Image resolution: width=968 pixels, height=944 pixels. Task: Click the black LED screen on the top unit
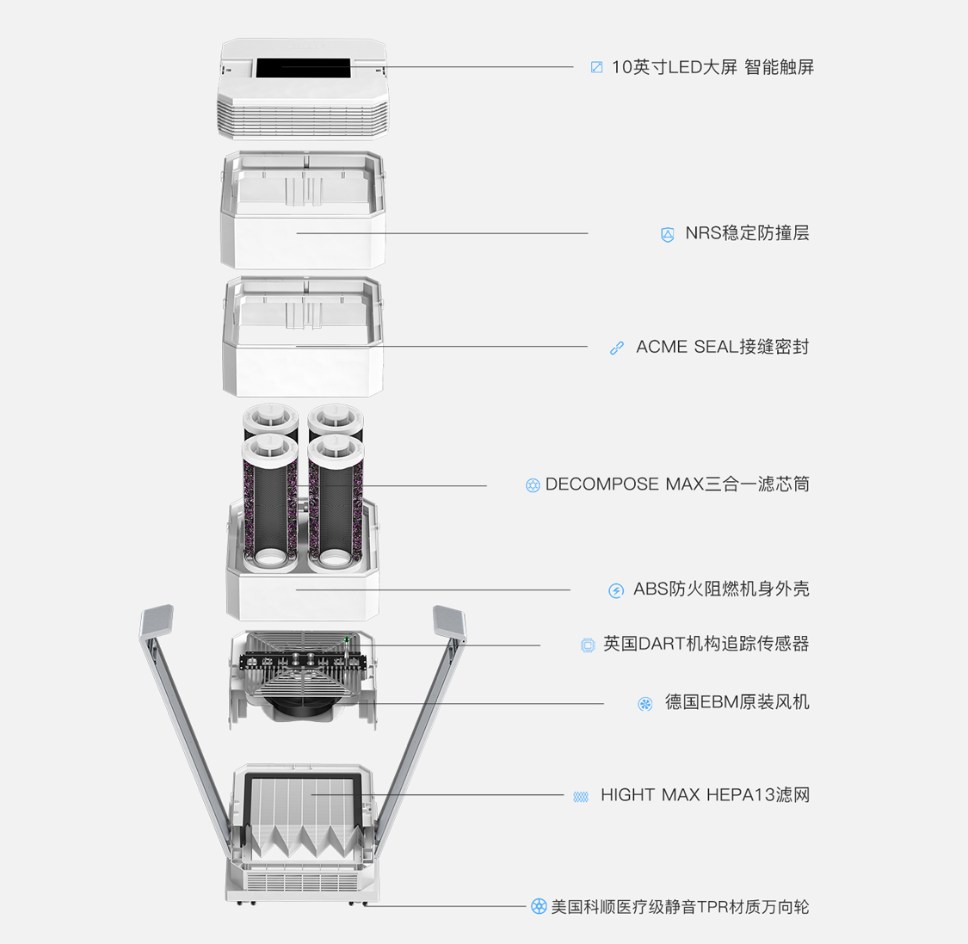[x=303, y=68]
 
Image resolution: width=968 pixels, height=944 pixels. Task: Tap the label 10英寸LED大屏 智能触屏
[x=712, y=67]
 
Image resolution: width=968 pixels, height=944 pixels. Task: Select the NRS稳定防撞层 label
[x=747, y=232]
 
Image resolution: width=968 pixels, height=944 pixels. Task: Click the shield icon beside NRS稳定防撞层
[x=668, y=235]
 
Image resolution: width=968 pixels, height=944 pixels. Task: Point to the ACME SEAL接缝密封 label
[x=722, y=346]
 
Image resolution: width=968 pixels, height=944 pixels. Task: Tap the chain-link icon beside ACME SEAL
[x=617, y=349]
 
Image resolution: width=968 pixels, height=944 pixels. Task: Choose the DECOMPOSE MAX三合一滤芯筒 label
[x=677, y=484]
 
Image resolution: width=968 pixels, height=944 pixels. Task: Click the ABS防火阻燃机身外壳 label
[x=721, y=589]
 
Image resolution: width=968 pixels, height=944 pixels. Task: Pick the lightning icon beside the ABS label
[x=616, y=591]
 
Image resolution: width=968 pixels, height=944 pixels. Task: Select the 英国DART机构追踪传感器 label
[x=706, y=644]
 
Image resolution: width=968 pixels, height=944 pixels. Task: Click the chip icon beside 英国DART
[x=588, y=645]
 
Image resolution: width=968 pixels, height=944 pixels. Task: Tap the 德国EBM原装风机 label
[x=737, y=702]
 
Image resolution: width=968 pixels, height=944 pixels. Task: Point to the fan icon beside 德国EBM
[x=645, y=704]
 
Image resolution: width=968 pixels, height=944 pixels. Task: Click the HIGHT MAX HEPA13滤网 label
[x=705, y=794]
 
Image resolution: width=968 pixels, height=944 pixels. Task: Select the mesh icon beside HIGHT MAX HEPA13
[x=581, y=797]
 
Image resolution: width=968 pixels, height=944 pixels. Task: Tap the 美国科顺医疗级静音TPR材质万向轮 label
[x=680, y=907]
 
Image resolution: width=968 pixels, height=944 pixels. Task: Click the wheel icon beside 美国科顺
[x=539, y=906]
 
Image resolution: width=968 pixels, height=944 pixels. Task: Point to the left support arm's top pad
[x=157, y=620]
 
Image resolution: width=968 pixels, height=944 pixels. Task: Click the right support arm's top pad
[x=449, y=621]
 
